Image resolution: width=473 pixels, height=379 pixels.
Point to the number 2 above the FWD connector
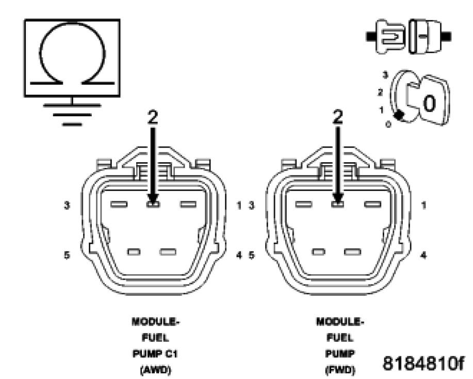(338, 118)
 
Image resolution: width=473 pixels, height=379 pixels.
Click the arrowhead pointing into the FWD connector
(338, 198)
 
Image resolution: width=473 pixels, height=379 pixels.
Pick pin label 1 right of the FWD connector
(423, 205)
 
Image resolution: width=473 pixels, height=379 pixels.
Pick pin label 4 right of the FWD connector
(423, 255)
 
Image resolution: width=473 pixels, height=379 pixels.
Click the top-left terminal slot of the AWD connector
(119, 204)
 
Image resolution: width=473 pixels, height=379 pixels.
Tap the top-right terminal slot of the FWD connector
(372, 204)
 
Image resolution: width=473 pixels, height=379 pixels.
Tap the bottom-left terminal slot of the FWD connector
(319, 252)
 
